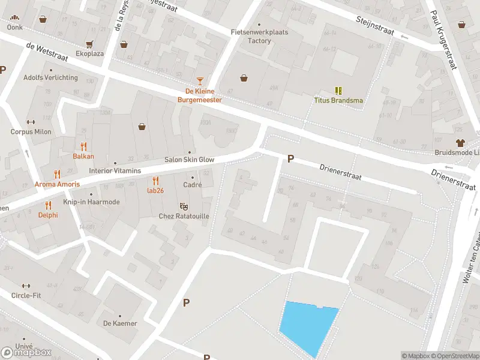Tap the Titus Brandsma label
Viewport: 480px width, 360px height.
pos(338,100)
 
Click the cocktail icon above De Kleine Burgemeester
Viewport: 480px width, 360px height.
pos(200,80)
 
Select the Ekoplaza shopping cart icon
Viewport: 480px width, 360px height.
pos(89,44)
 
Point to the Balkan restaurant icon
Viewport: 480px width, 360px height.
pos(83,146)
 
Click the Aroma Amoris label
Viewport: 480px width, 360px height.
pos(57,184)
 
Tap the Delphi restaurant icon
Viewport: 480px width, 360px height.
pos(48,205)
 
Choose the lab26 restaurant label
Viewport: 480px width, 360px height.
pos(155,190)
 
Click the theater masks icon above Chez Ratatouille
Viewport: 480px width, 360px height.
pos(183,206)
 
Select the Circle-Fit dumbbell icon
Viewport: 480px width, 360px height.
pos(25,286)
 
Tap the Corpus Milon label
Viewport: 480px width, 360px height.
pos(31,131)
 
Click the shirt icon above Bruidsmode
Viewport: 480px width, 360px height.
pos(460,143)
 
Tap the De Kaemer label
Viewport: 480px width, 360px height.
pos(120,323)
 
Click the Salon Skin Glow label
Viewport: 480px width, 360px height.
pos(189,160)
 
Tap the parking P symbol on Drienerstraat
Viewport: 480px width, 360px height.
pos(290,159)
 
